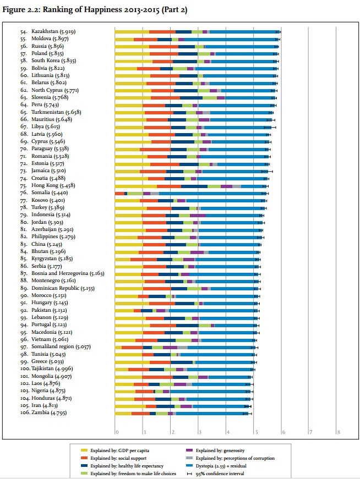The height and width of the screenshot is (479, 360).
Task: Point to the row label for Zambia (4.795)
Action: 53,412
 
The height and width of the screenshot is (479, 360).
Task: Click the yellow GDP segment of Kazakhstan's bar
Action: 132,32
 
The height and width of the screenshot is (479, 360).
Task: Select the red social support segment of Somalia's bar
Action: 119,194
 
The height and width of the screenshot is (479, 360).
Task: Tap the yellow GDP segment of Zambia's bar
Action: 123,412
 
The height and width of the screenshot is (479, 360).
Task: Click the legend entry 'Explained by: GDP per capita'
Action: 118,449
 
